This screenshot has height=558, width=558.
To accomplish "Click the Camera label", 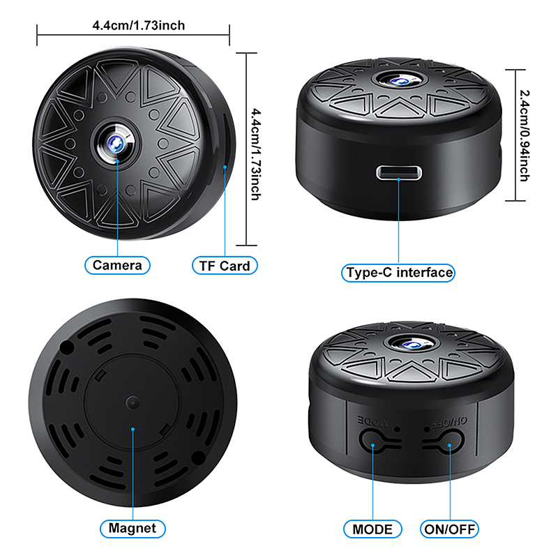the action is pos(117,265).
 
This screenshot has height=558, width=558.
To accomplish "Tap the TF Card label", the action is pos(225,266).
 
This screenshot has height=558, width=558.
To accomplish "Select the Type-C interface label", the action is pos(398,273).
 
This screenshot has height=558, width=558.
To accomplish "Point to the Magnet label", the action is pos(133,529).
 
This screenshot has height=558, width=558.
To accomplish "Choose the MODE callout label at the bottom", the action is pos(372,529).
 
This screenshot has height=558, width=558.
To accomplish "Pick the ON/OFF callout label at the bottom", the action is pos(449,529).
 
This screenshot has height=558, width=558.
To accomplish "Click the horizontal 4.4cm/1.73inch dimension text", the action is pos(138,26).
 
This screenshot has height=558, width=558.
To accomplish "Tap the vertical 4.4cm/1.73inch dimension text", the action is pos(256,154).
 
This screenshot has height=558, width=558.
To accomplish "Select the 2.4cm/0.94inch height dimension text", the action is pos(525,135).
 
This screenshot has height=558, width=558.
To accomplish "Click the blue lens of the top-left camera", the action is pos(116,144).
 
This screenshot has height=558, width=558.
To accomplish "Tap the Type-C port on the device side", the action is pos(399,173).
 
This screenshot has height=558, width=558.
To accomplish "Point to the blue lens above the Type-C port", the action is pos(398,82).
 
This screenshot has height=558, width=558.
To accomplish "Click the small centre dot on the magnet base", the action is pos(133,403).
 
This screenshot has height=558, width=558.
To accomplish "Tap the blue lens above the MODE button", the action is pos(413,345).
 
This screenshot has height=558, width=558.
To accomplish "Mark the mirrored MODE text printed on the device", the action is pos(372,422).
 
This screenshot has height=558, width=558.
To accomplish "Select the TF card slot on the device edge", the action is pos(225,142).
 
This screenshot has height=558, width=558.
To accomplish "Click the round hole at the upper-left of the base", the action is pos(66,347).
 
